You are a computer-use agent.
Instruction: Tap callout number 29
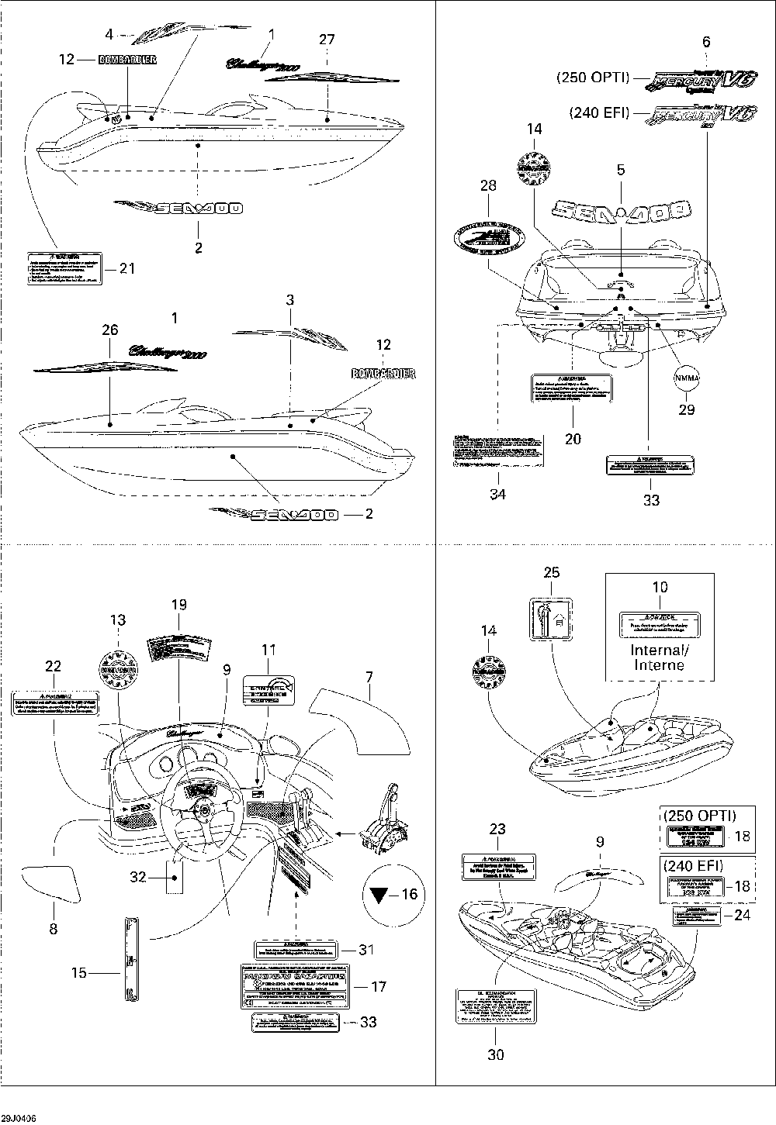click(x=687, y=409)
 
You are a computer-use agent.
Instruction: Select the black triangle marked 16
click(x=378, y=895)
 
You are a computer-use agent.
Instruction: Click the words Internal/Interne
click(x=659, y=657)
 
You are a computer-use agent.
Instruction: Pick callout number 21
click(x=126, y=268)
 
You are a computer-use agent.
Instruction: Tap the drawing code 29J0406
click(x=19, y=1117)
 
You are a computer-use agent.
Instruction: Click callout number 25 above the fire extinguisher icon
click(x=551, y=572)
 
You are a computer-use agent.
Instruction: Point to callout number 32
click(x=137, y=877)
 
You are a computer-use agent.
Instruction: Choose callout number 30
click(x=495, y=1054)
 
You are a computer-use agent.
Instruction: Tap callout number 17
click(x=379, y=987)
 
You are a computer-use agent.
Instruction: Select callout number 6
click(x=705, y=43)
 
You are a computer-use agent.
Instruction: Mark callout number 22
click(x=53, y=666)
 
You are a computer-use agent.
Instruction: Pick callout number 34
click(x=498, y=493)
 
